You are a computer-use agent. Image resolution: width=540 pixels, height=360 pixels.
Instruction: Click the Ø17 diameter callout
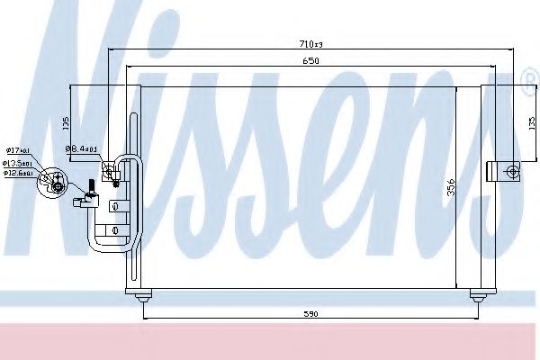pyautogui.click(x=17, y=149)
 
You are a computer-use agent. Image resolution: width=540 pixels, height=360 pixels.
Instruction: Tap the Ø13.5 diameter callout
pyautogui.click(x=18, y=164)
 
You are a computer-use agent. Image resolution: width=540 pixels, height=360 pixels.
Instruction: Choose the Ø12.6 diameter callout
pyautogui.click(x=18, y=173)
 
